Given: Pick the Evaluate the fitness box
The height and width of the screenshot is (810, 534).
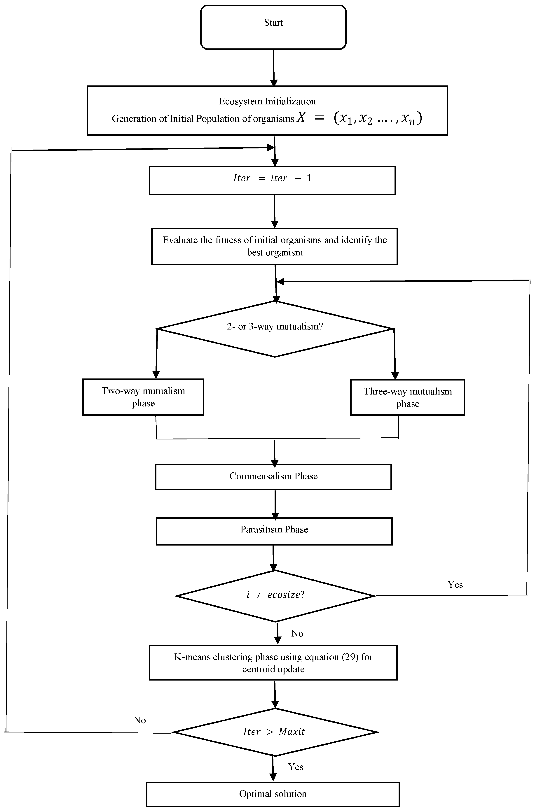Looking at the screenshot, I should tap(275, 246).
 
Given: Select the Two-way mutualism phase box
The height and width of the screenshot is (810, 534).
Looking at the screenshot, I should tap(143, 397).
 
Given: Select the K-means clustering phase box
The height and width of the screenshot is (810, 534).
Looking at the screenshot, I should tap(273, 662).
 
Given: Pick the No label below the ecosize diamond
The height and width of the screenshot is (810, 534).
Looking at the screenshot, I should tap(297, 633).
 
